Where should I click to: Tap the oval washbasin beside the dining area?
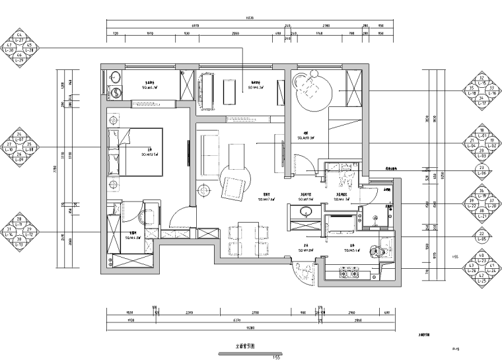(x=306, y=212)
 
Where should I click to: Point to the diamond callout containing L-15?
(x=482, y=90)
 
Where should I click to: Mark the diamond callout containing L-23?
(x=482, y=269)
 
